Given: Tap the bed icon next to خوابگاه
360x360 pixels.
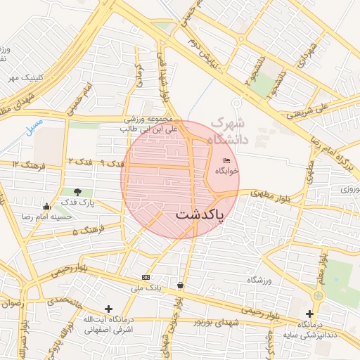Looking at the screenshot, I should tap(226, 162).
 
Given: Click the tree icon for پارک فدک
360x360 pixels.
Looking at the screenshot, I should tap(77, 191).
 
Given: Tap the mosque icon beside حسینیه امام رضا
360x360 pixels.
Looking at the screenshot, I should tap(46, 207).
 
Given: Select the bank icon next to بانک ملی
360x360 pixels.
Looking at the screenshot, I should tap(146, 277).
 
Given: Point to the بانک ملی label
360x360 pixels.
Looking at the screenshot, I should tap(151, 288).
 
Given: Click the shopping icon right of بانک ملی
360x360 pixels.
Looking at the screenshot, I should tap(181, 285).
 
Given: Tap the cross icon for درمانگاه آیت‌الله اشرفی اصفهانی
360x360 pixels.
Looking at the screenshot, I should tap(108, 309).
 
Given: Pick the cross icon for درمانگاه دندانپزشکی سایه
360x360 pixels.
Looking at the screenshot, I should tap(309, 314).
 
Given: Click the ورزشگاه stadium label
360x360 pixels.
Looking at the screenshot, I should tap(259, 280).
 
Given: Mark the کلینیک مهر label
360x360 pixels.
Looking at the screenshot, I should tap(25, 77).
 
